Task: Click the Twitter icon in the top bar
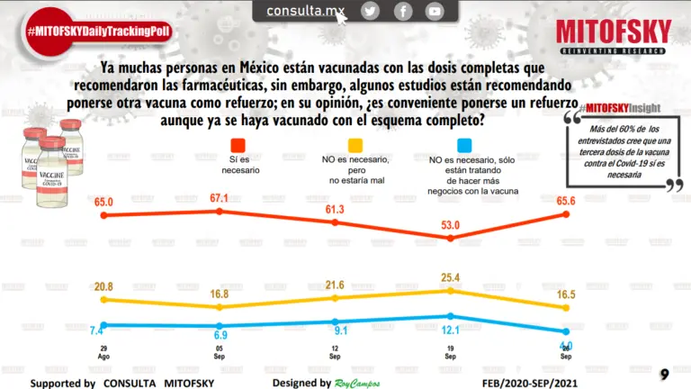point(370,11)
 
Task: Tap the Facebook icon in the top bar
point(403,11)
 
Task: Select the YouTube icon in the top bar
point(435,11)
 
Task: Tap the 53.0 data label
point(451,224)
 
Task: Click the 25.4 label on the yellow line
point(451,276)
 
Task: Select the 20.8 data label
point(103,285)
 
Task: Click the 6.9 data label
point(220,334)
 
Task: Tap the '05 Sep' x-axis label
point(220,352)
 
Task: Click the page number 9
point(664,374)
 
